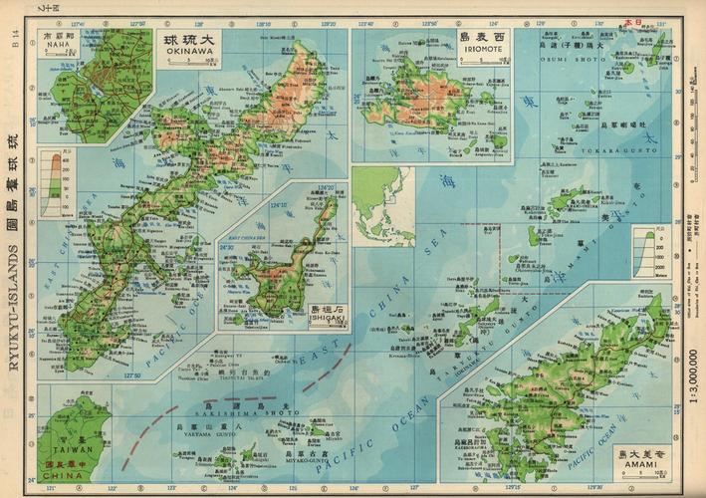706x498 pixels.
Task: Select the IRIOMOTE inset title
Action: point(481,44)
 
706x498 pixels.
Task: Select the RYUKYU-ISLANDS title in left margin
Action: point(13,249)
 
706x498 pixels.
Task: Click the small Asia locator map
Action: point(381,205)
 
